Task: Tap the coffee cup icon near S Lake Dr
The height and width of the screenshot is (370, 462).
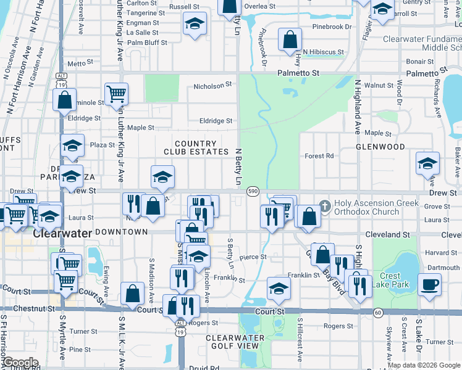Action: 430,284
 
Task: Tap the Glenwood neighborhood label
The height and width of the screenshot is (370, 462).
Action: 380,147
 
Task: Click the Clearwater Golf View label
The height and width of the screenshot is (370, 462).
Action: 235,342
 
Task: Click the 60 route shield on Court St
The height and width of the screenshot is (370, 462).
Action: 377,313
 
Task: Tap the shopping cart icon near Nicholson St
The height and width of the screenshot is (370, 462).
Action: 116,94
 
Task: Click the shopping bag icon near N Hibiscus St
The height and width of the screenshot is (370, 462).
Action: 290,39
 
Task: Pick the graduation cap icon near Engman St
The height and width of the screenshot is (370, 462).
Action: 195,23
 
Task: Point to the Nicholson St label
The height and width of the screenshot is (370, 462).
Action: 212,85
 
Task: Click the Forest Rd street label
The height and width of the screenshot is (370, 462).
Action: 319,156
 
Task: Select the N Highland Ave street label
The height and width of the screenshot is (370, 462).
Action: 357,107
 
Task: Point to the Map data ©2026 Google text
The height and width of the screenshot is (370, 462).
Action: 423,366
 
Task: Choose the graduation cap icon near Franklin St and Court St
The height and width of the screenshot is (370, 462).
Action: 279,287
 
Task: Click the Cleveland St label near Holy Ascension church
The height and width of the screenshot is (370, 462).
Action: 387,235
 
